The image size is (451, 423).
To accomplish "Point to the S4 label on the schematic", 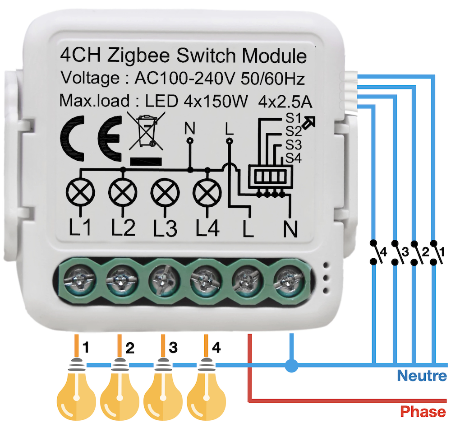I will click(x=293, y=158).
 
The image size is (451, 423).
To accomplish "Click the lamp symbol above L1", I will click(x=81, y=194).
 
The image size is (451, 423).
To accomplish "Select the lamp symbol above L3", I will click(x=165, y=194).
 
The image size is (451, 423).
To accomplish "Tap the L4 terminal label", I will click(x=207, y=229).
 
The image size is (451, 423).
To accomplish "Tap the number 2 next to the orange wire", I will click(x=130, y=349).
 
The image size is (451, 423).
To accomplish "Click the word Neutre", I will click(x=422, y=376).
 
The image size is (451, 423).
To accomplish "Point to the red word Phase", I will click(x=423, y=411).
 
